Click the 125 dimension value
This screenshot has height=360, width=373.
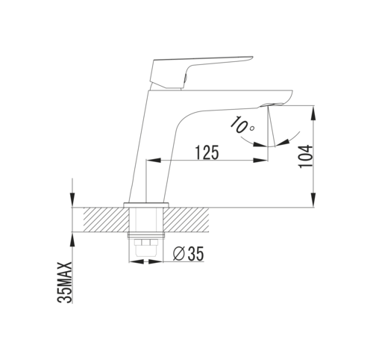(x=207, y=152)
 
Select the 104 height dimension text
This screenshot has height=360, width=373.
(x=306, y=156)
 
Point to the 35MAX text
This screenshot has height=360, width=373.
(x=65, y=282)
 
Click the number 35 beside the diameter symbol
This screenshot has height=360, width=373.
(x=195, y=254)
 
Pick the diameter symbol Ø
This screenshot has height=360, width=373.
(x=179, y=254)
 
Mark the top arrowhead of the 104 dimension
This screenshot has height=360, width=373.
(x=314, y=114)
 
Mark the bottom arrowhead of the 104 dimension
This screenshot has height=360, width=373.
(x=314, y=199)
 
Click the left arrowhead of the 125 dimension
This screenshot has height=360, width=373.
(x=154, y=161)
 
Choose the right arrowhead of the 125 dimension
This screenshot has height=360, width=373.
(x=260, y=161)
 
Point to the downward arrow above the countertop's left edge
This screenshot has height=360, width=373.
(x=72, y=193)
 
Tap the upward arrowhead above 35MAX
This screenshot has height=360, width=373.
(x=72, y=240)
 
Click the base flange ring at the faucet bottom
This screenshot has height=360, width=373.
(x=146, y=205)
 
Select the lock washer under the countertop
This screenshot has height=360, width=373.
(x=146, y=235)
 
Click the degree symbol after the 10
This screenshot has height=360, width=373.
(x=252, y=128)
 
